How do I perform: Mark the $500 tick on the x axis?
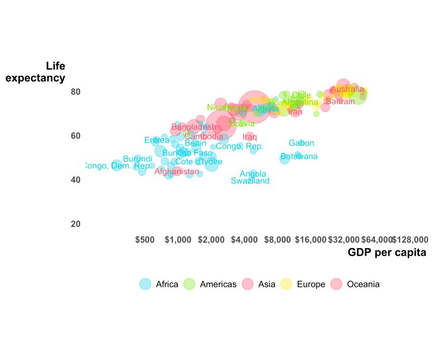(145, 239)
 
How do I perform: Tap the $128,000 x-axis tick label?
(410, 239)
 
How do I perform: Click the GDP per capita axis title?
(387, 252)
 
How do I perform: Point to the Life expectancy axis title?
(36, 72)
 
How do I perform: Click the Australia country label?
(347, 89)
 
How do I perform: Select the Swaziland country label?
(250, 181)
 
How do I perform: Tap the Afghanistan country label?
(177, 172)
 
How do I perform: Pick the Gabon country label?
(301, 143)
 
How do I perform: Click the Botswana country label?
(299, 157)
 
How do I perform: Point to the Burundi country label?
(138, 159)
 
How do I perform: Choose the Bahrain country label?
(340, 102)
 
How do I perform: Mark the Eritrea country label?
(157, 141)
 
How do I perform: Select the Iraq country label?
(250, 137)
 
